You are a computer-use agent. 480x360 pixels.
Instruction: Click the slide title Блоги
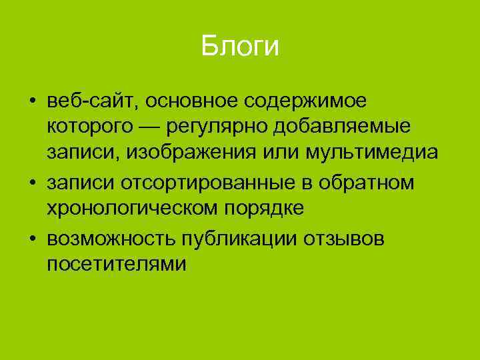click(x=239, y=47)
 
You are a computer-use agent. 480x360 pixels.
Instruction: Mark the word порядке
click(x=265, y=209)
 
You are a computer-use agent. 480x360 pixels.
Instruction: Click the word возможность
click(x=105, y=237)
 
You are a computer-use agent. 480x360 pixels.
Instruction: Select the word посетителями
click(x=107, y=264)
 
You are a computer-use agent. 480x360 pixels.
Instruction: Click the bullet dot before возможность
click(x=32, y=238)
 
